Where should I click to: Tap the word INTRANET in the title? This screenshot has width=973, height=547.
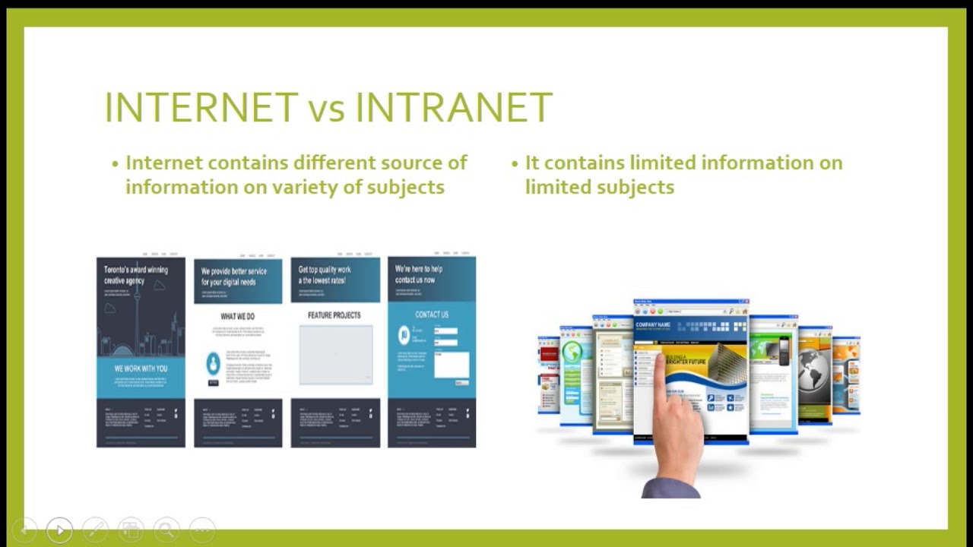click(453, 107)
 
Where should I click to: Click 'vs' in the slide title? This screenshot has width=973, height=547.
click(327, 109)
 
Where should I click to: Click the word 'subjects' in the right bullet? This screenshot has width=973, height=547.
click(637, 187)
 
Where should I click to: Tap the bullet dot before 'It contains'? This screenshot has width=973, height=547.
click(515, 163)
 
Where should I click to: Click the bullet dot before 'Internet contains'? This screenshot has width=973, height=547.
click(116, 163)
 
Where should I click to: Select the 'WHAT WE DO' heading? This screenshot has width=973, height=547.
click(237, 316)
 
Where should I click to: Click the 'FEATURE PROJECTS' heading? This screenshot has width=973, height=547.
click(334, 315)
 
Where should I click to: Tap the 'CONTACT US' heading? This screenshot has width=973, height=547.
click(431, 315)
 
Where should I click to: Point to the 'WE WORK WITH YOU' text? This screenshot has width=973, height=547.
click(141, 368)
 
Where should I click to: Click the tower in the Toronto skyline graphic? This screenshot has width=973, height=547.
click(137, 319)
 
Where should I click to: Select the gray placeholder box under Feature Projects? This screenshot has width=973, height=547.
click(335, 355)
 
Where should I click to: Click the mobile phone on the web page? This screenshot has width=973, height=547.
click(784, 350)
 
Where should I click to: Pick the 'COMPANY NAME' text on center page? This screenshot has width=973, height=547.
click(653, 325)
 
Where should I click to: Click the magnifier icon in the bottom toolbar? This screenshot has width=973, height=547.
click(166, 530)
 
